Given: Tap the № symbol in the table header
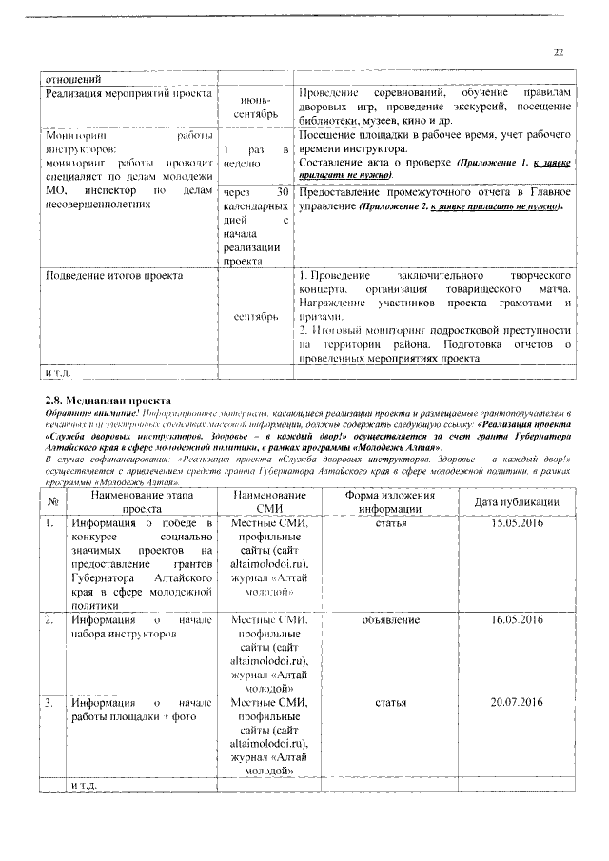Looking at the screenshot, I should pos(53,502).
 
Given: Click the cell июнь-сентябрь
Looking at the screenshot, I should pos(254,108).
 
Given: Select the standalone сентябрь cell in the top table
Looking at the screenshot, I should pos(254,315).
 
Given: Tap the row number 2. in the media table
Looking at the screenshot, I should pos(49,619).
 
